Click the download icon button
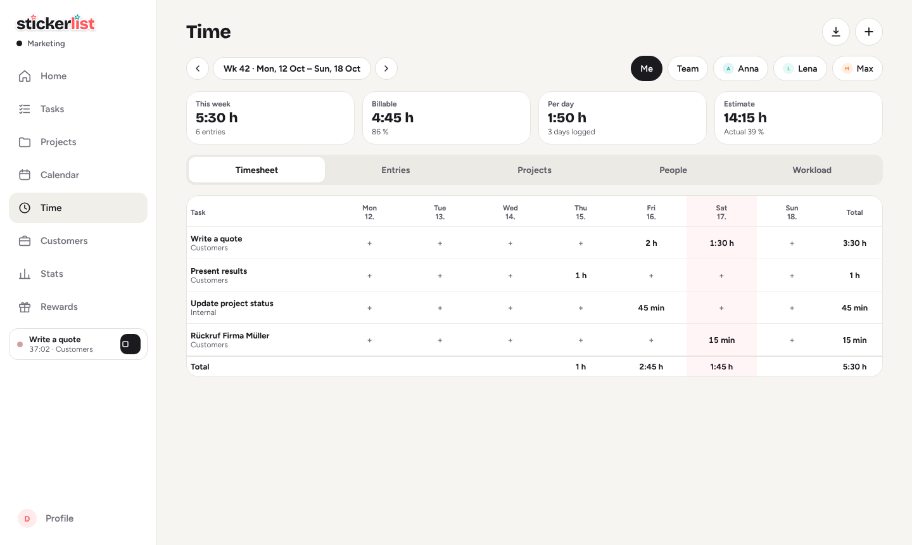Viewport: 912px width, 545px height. point(835,32)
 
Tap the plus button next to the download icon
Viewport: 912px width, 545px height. point(868,32)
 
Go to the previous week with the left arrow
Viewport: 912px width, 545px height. point(198,68)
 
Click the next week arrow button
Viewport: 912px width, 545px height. point(386,68)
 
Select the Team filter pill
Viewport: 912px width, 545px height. point(688,68)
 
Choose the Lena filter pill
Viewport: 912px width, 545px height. point(800,68)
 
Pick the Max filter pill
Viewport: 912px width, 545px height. point(858,68)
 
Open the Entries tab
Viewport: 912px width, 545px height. point(395,170)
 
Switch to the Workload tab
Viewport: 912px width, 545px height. point(812,170)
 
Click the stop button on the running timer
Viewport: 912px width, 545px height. point(130,344)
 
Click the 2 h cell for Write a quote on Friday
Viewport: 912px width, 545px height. point(651,243)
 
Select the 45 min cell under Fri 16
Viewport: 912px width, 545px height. point(651,308)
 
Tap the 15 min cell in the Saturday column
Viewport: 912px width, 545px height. point(721,340)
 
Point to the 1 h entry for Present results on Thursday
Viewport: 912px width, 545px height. point(581,276)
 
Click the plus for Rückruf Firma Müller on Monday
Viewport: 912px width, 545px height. point(369,340)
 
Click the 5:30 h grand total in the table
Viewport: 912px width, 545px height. point(854,366)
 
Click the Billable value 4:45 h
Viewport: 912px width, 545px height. point(393,118)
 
